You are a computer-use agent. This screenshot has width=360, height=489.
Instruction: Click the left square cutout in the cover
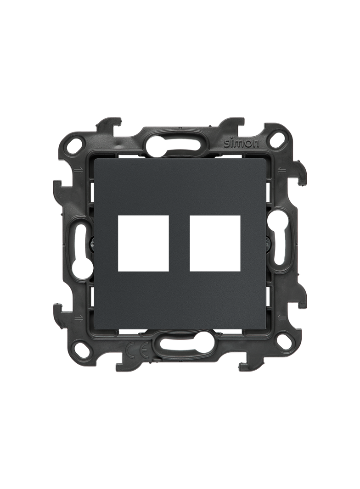(143, 243)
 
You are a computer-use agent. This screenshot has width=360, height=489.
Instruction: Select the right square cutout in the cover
(215, 243)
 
